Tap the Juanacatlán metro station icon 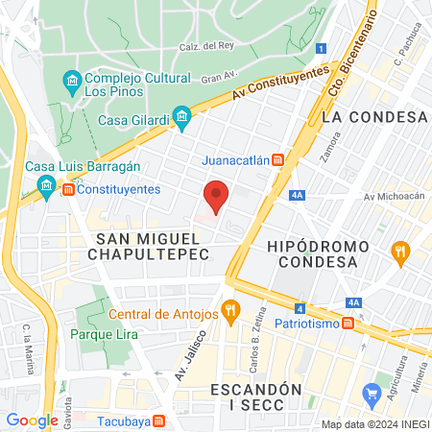point(277,159)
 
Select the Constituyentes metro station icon point(68,190)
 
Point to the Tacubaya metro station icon point(171,420)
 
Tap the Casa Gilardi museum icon point(181,120)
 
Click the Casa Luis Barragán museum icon point(45,185)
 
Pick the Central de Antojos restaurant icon point(228,311)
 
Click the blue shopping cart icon point(372,394)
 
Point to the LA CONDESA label point(374,116)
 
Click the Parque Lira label point(104,335)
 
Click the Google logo point(33,420)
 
